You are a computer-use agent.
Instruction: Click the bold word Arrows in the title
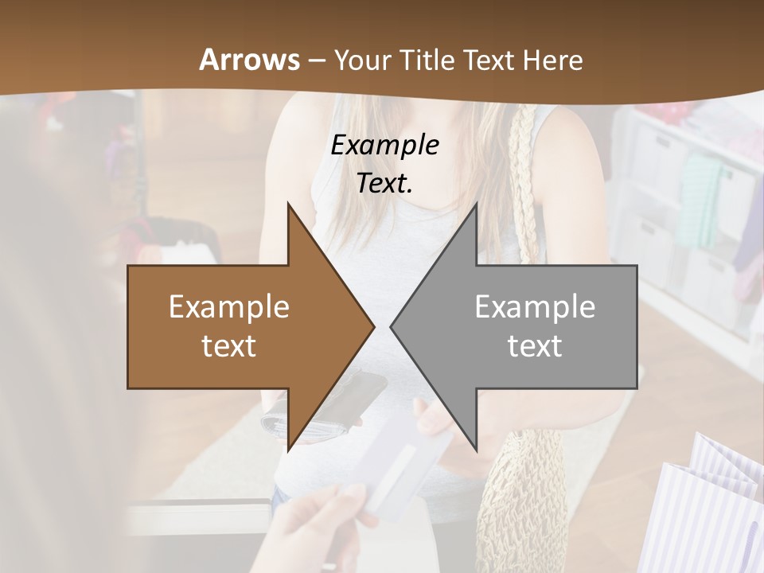tap(249, 60)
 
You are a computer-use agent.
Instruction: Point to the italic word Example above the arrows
tap(384, 146)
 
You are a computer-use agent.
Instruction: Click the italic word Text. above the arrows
tap(384, 184)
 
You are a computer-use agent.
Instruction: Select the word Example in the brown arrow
tap(228, 307)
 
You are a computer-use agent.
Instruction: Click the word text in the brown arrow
tap(228, 346)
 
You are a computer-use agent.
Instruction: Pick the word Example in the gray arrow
tap(535, 307)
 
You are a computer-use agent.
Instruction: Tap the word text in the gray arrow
tap(535, 346)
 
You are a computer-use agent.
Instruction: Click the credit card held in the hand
tap(398, 470)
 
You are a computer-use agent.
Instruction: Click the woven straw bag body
tap(517, 493)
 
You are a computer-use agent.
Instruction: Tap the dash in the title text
tap(315, 60)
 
